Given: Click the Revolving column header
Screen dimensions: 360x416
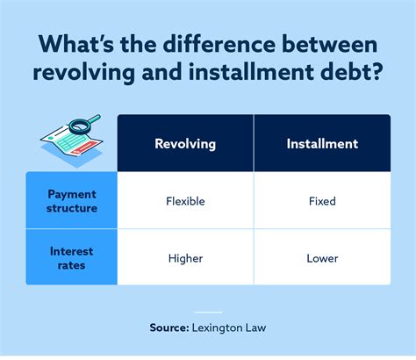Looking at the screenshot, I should coord(185,143).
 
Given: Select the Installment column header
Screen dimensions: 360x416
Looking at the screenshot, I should coord(322,143).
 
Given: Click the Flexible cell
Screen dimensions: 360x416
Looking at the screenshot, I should coord(185,201).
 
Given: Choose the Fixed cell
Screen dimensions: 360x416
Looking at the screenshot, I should coord(322,201).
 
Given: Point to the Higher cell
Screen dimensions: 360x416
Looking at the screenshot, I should coord(185,258).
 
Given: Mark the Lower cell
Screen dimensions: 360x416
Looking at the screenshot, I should coord(322,258).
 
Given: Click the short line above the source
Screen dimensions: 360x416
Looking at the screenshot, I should coord(208,312).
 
